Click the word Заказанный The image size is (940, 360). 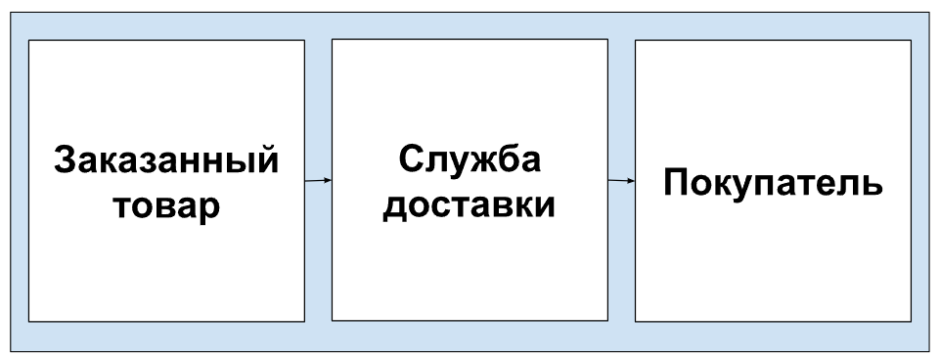pyautogui.click(x=166, y=160)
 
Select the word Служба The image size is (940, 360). pyautogui.click(x=470, y=160)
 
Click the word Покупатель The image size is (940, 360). pyautogui.click(x=773, y=182)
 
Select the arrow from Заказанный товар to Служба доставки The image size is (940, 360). pyautogui.click(x=318, y=180)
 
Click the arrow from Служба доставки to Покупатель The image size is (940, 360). pyautogui.click(x=621, y=180)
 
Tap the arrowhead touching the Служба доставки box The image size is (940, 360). pyautogui.click(x=328, y=180)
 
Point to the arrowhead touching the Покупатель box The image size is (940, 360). pyautogui.click(x=631, y=180)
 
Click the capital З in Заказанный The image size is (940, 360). pyautogui.click(x=66, y=160)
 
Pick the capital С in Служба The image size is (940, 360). pyautogui.click(x=411, y=160)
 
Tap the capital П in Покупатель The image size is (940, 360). pyautogui.click(x=676, y=182)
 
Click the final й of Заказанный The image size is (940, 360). pyautogui.click(x=267, y=160)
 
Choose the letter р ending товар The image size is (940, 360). pyautogui.click(x=209, y=212)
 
